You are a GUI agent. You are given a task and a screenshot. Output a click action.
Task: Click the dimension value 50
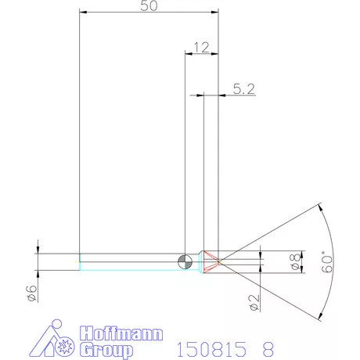(149, 5)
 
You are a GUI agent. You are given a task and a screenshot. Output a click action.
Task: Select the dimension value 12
(202, 48)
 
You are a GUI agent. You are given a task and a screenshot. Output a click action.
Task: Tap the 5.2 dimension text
(243, 89)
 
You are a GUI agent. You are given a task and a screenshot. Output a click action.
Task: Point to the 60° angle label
(327, 261)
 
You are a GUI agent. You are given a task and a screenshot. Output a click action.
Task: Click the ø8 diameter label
(295, 261)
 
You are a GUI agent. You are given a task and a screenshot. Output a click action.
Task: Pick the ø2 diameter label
(254, 302)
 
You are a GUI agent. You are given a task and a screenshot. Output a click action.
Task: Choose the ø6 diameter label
(32, 293)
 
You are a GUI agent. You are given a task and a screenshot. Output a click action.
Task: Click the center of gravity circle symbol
(185, 261)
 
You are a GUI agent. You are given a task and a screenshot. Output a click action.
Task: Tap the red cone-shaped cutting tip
(211, 261)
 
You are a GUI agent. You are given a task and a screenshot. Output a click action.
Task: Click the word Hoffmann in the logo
(121, 333)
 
